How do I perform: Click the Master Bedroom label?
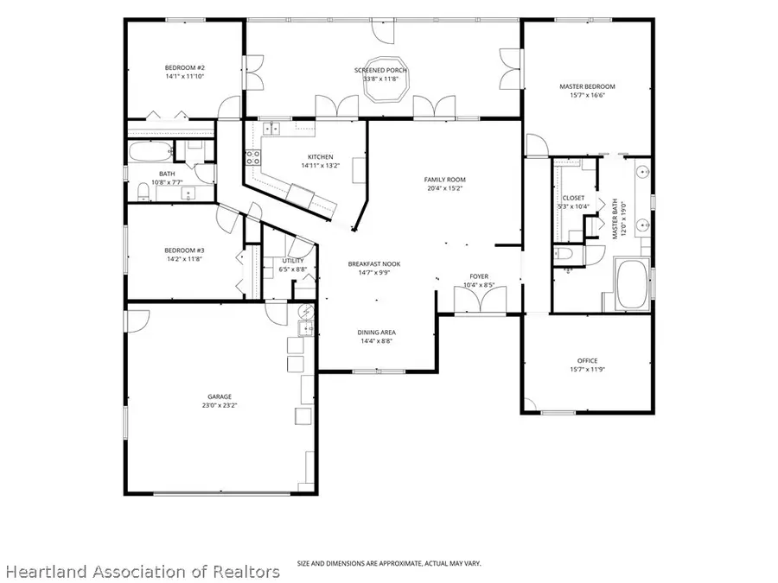pos(587,86)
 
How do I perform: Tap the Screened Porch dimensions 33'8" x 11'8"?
pos(381,79)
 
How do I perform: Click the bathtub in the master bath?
pos(631,284)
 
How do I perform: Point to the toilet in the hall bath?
pos(143,192)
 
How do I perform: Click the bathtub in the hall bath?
pos(150,152)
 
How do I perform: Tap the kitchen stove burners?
pos(253,158)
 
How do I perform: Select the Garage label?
pos(220,396)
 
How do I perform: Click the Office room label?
pos(588,360)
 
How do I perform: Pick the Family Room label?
pos(445,180)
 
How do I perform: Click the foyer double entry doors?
pos(481,300)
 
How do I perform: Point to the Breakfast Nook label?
pos(374,263)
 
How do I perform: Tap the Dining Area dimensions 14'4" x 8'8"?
pos(377,341)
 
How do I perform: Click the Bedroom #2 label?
pos(185,68)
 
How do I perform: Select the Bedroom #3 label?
pos(185,250)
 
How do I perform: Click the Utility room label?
pos(293,261)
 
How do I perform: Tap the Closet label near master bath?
pos(574,198)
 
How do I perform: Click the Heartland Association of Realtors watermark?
pos(143,572)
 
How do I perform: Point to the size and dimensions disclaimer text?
pos(389,564)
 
